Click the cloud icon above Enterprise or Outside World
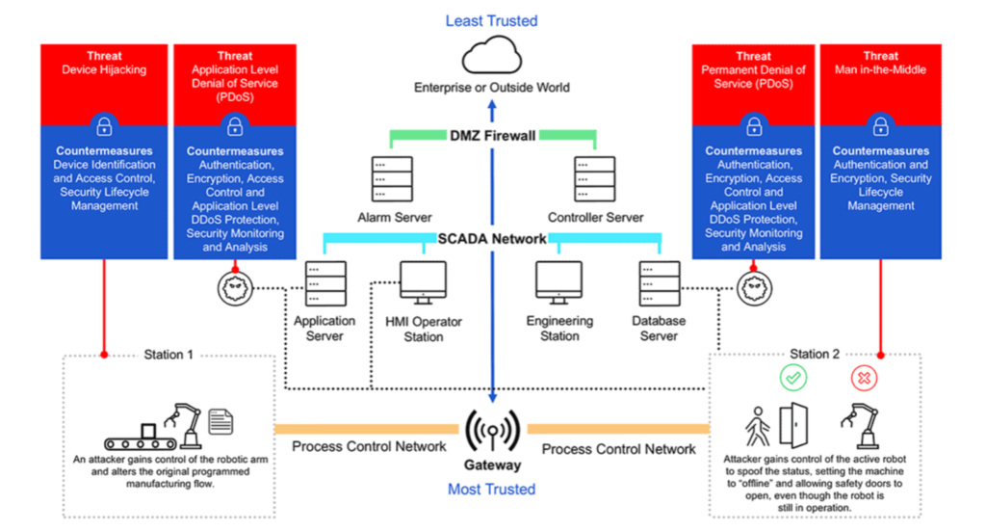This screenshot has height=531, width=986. tap(492, 57)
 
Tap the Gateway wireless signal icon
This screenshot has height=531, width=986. tap(492, 430)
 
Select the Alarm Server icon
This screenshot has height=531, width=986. tap(392, 179)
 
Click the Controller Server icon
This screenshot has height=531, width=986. tap(594, 179)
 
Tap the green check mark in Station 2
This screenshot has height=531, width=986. tap(794, 379)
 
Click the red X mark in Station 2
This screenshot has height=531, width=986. tap(863, 379)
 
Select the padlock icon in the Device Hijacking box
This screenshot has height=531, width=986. tap(103, 126)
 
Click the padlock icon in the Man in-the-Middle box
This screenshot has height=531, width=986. tap(880, 126)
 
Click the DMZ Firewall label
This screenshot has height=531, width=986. tap(491, 136)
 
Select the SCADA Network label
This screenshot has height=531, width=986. tap(491, 238)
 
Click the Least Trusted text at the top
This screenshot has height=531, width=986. tap(492, 20)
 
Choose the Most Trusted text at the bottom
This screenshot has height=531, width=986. tap(491, 489)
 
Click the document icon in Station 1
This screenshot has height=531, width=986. tap(221, 421)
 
